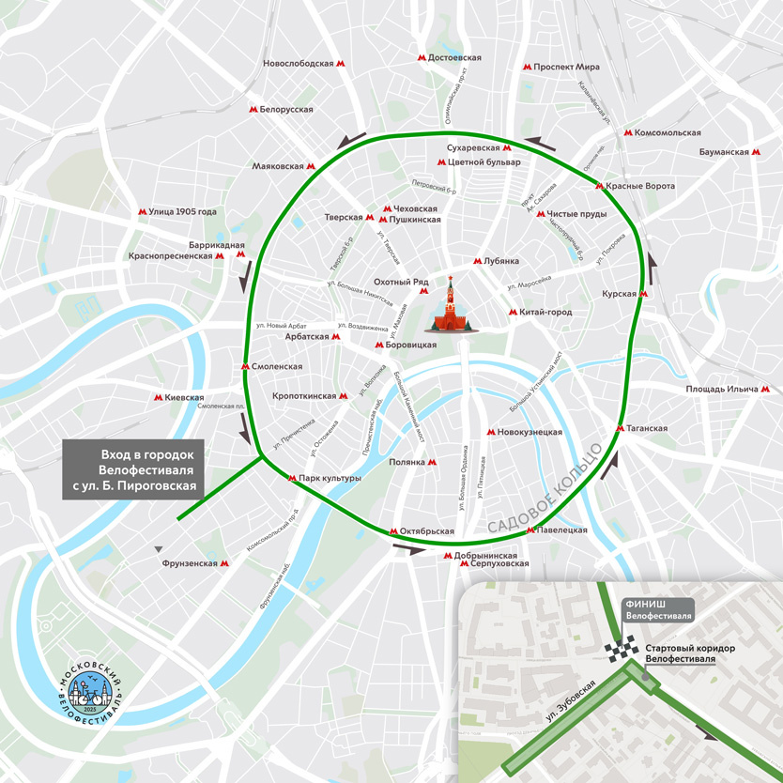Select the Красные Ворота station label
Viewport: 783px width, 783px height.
click(635, 186)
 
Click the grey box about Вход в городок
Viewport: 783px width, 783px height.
click(132, 467)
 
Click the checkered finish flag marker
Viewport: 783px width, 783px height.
click(621, 652)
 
